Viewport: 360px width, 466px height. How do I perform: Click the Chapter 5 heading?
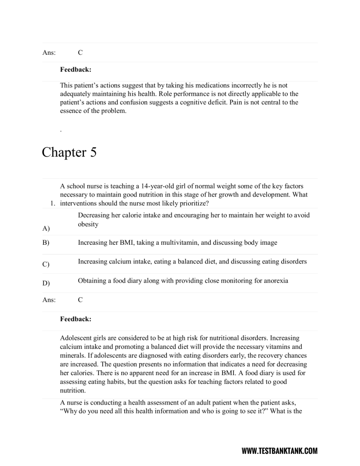point(69,152)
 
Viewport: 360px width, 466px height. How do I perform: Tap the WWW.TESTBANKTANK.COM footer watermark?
point(279,451)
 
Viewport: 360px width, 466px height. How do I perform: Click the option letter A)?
point(46,228)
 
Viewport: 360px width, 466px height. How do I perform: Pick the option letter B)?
point(46,243)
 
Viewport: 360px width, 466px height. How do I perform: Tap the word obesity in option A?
point(88,224)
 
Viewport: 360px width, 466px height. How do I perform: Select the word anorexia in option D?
point(274,280)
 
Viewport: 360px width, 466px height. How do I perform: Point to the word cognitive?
point(219,102)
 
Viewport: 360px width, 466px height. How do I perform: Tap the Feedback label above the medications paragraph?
point(75,69)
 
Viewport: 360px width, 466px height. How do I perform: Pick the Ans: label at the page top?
point(49,53)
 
